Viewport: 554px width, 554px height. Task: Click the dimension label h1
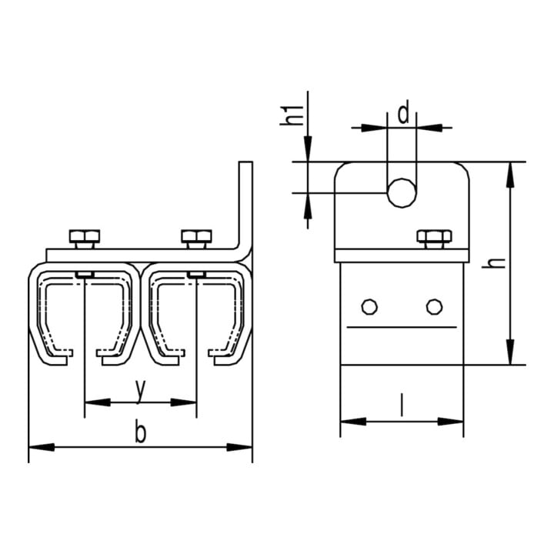click(x=292, y=115)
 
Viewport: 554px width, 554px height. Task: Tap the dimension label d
click(x=403, y=112)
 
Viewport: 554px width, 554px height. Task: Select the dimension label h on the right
click(x=493, y=262)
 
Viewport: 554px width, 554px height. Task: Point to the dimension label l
click(x=402, y=405)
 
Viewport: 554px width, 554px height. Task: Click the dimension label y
click(x=140, y=391)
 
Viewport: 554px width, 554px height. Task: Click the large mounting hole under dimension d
click(x=402, y=192)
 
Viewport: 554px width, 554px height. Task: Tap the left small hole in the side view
click(x=369, y=307)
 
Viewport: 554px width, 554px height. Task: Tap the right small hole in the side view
click(x=434, y=307)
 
